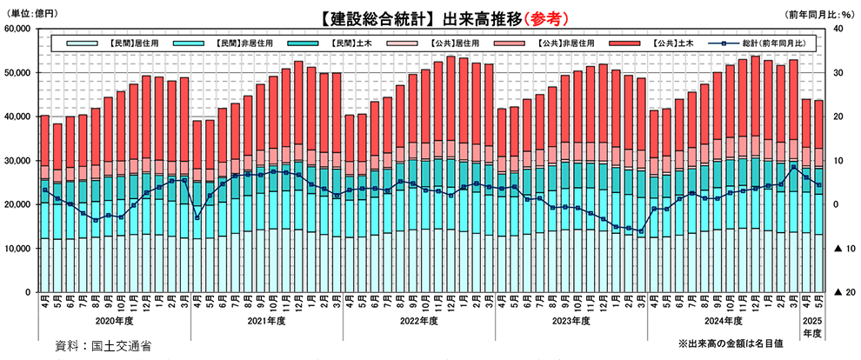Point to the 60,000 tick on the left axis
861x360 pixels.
(17, 30)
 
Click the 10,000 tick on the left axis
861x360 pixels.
(17, 249)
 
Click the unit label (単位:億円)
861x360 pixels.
(32, 15)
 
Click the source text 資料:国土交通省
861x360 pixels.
(102, 345)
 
